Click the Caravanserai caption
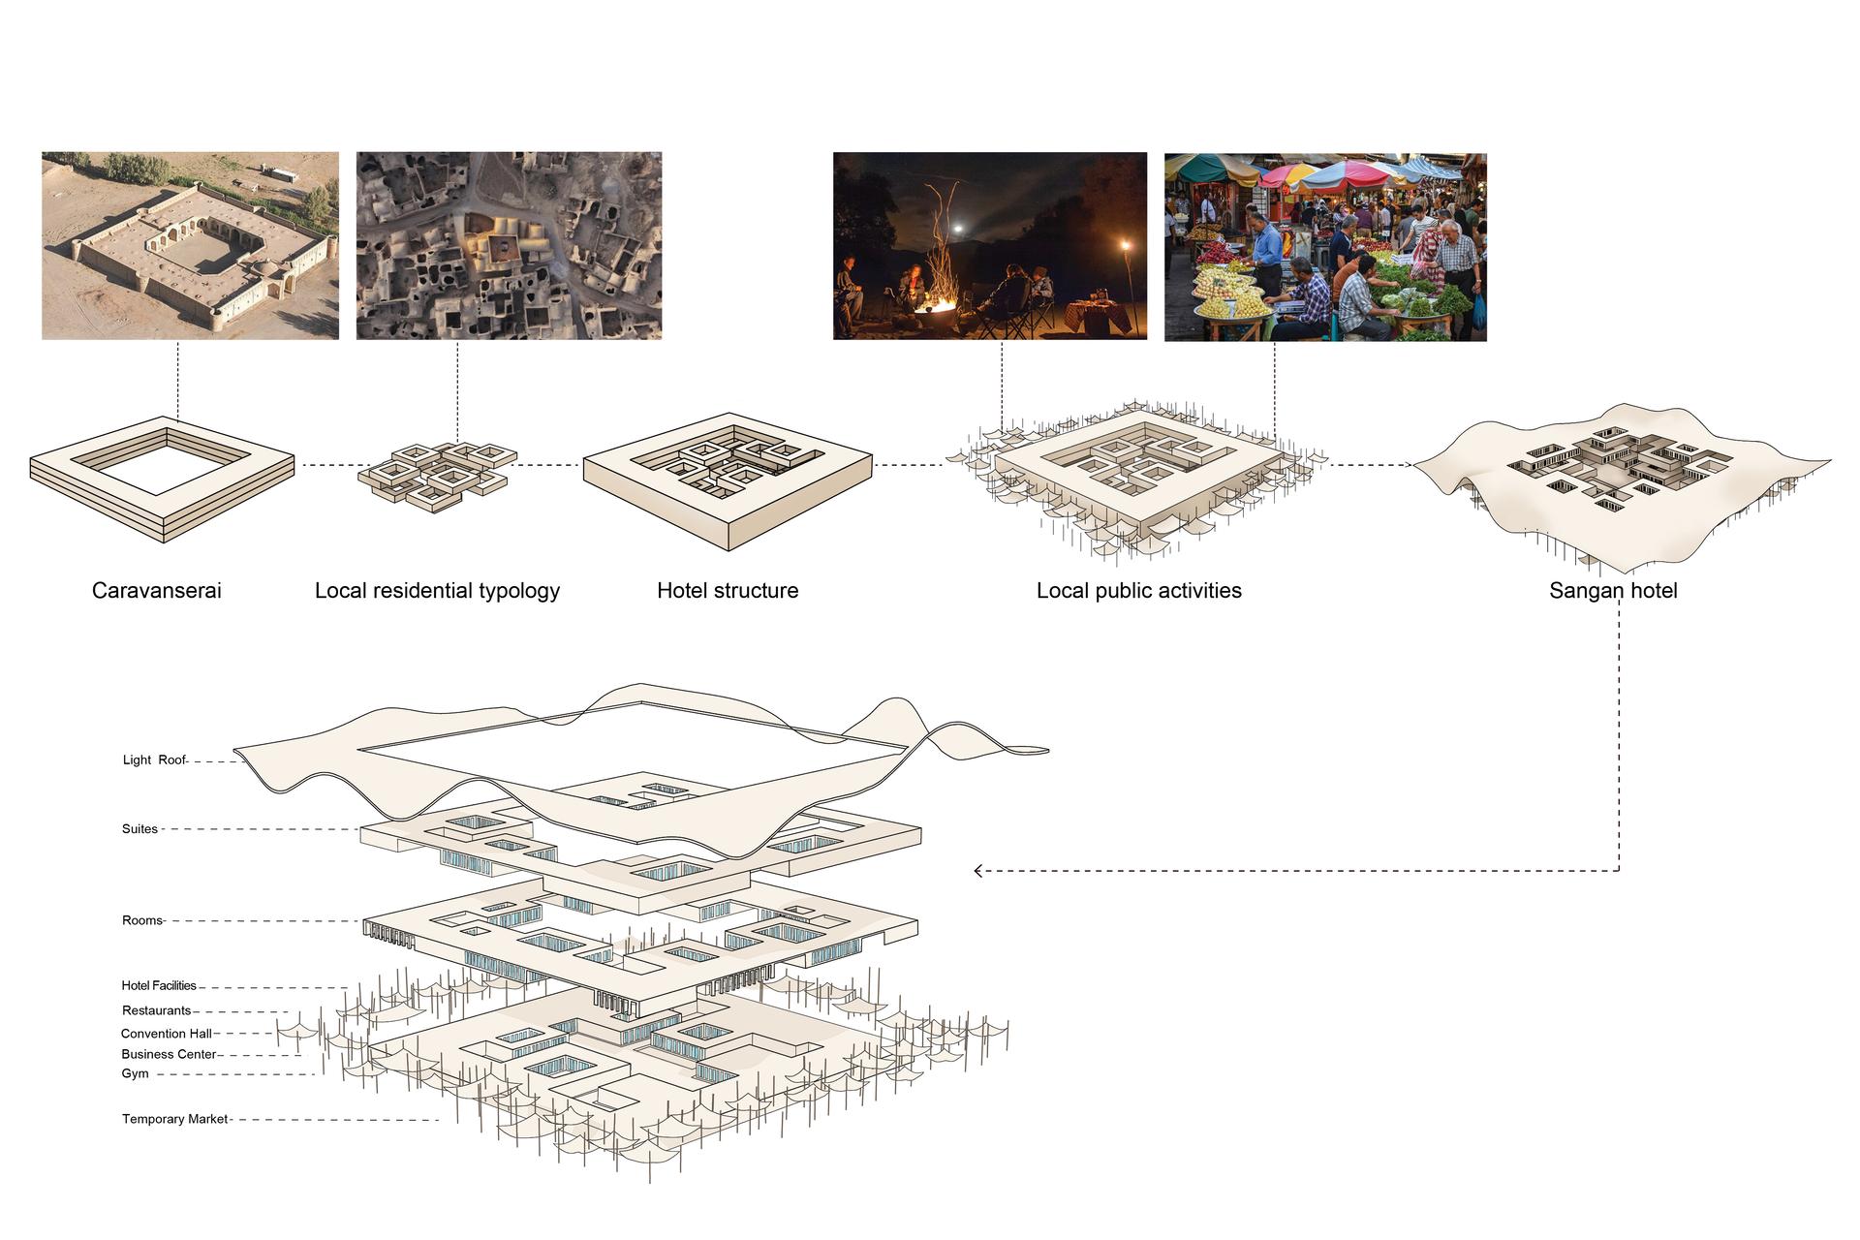[157, 591]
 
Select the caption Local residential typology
[438, 591]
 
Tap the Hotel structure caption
[728, 591]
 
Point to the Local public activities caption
[1139, 591]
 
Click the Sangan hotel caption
[1613, 591]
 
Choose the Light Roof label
[154, 760]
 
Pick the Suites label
[139, 829]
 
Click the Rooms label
[142, 920]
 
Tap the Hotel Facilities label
[159, 986]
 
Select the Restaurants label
[157, 1011]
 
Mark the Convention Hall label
[167, 1034]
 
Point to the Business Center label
[169, 1055]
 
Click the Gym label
[136, 1074]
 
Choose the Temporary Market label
[175, 1119]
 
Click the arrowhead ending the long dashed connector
[978, 871]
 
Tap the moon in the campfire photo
[959, 230]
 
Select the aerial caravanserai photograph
[190, 246]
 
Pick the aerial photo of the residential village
[509, 246]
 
